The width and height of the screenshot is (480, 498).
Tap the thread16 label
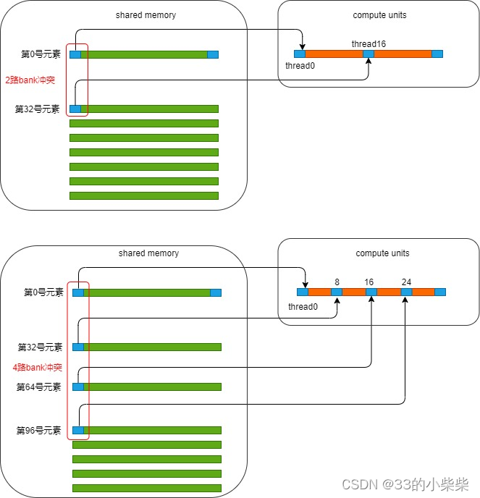(x=369, y=44)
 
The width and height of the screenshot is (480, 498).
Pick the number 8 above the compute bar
(x=337, y=282)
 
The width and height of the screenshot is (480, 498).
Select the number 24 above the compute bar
(x=406, y=282)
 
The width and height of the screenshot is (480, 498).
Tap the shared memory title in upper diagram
(x=146, y=15)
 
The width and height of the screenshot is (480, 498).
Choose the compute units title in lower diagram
(x=382, y=253)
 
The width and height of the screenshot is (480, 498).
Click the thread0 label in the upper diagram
(x=300, y=66)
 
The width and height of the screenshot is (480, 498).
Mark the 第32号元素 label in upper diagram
(x=38, y=109)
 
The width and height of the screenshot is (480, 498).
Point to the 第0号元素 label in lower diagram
(x=43, y=292)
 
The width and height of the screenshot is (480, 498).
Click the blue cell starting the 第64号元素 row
(x=78, y=387)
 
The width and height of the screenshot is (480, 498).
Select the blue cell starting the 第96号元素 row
(x=78, y=431)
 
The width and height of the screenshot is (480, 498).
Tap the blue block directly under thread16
(x=369, y=54)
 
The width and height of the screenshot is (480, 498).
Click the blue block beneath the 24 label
(x=406, y=292)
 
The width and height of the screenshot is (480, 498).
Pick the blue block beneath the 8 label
(x=337, y=292)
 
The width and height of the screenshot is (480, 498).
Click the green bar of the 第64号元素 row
(x=152, y=387)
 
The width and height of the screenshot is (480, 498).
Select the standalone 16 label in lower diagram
(x=369, y=282)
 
